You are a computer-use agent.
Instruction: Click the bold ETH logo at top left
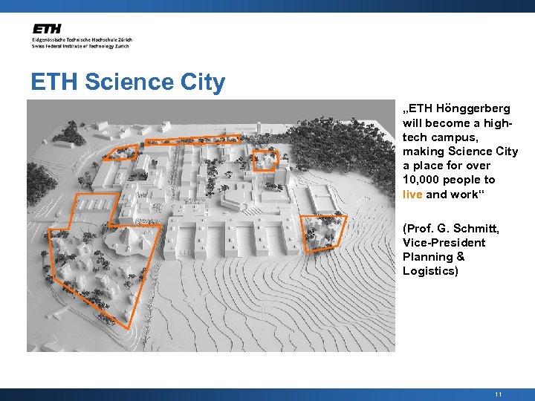click(48, 29)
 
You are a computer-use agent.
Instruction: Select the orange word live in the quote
click(412, 195)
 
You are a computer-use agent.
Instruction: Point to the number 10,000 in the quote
click(422, 180)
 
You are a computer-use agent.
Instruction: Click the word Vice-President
click(444, 243)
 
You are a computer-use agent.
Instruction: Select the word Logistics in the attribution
click(430, 271)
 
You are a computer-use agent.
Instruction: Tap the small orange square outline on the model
click(265, 160)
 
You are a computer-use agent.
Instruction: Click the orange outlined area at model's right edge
click(322, 230)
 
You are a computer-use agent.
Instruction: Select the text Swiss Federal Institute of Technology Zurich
click(80, 46)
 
